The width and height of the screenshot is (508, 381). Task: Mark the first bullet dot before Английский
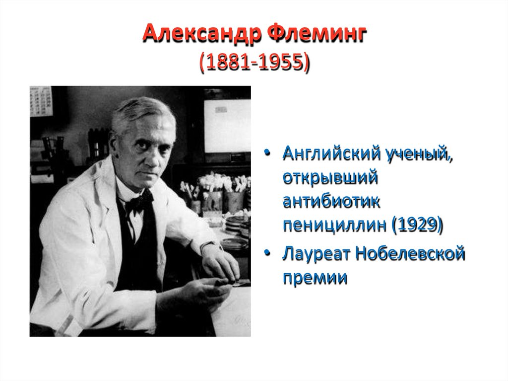pos(268,154)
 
